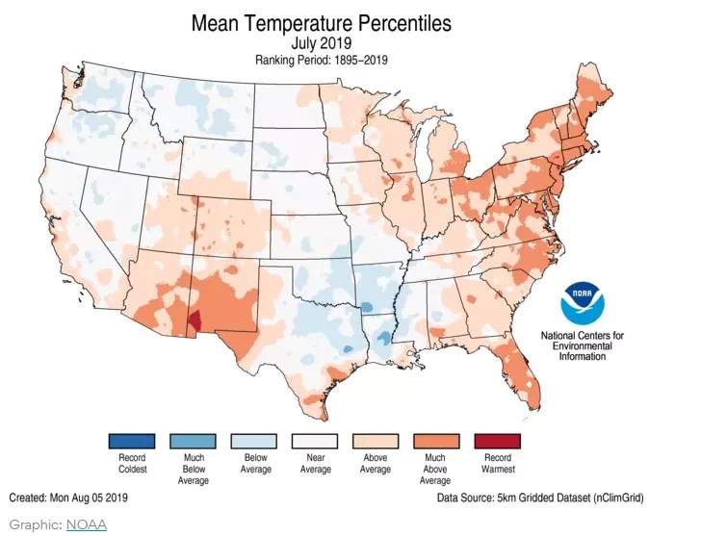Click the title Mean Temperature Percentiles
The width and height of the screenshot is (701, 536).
click(x=322, y=22)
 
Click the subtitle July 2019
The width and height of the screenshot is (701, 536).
click(x=322, y=43)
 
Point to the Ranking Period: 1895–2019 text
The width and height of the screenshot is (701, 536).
click(x=322, y=60)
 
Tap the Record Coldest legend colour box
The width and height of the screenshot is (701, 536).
click(x=131, y=441)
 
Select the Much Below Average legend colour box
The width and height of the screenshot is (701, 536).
click(x=193, y=441)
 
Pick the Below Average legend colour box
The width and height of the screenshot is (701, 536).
click(x=253, y=441)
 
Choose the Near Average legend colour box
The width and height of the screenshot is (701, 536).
click(x=315, y=441)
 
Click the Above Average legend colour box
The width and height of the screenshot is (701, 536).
click(x=376, y=441)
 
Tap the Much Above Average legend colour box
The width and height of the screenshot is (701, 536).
click(x=436, y=441)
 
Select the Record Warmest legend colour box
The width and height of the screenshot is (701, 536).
click(x=498, y=441)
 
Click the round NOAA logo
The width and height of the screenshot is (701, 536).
click(x=583, y=305)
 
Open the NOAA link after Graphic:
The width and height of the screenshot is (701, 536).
click(x=86, y=524)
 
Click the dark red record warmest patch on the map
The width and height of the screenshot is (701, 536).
click(x=194, y=321)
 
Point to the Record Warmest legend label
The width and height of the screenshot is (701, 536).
click(x=498, y=463)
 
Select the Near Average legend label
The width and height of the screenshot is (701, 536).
click(x=315, y=463)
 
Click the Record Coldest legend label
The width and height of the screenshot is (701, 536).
click(x=131, y=463)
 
